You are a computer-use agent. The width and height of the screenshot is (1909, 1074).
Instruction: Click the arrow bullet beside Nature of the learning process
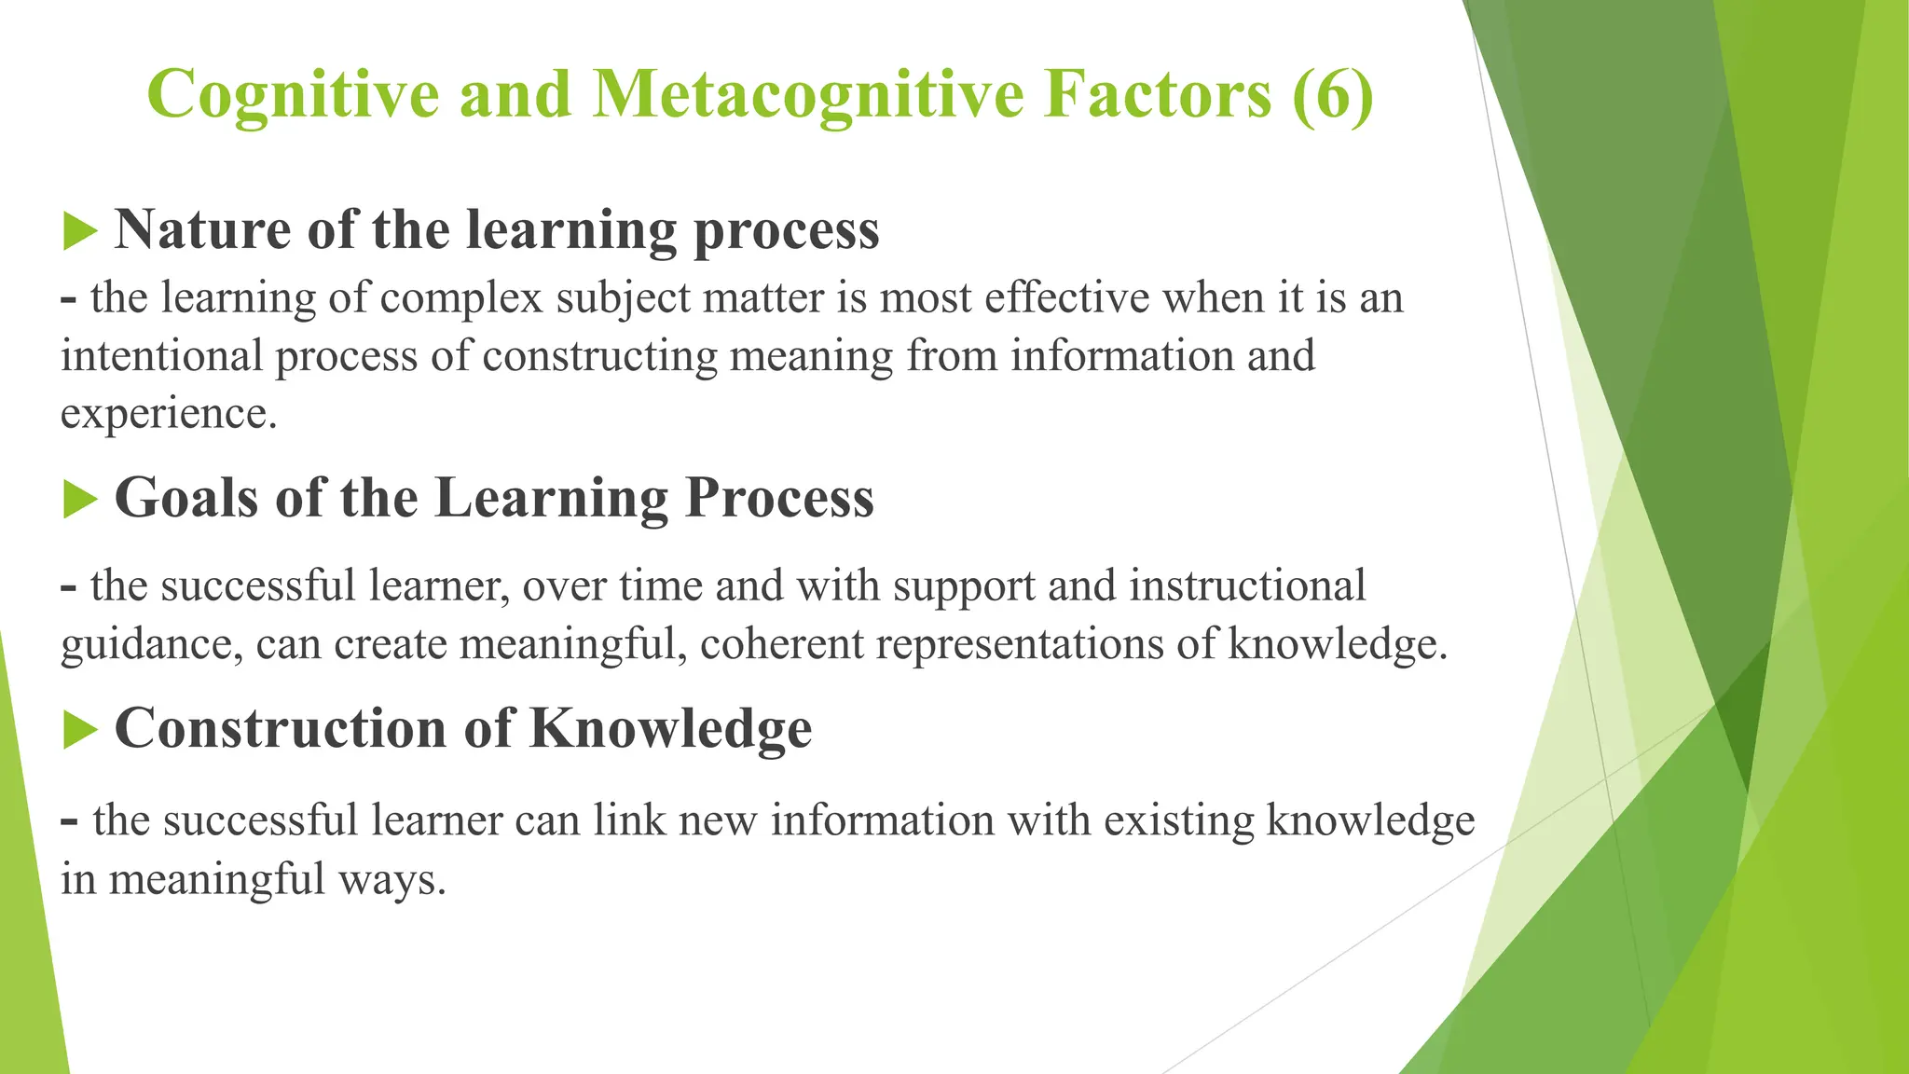pyautogui.click(x=80, y=230)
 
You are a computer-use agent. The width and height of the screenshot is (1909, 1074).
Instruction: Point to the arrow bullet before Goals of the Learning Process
pyautogui.click(x=80, y=499)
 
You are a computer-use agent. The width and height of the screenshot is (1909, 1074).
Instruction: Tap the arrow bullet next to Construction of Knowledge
pyautogui.click(x=80, y=729)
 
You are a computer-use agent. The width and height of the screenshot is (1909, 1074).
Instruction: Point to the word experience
pyautogui.click(x=169, y=414)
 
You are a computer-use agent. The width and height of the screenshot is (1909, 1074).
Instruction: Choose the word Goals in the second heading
pyautogui.click(x=185, y=499)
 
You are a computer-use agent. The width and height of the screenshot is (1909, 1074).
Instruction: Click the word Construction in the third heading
pyautogui.click(x=280, y=729)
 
